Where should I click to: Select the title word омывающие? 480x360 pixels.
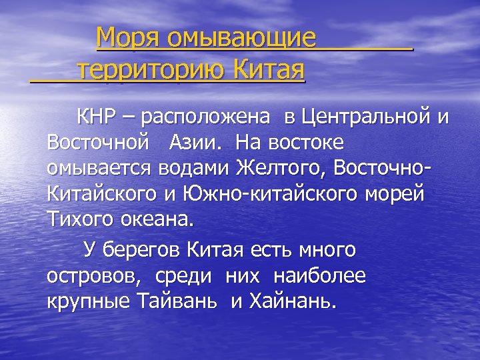pos(242,39)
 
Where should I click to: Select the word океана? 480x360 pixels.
pos(154,219)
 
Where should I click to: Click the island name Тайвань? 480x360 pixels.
pos(177,301)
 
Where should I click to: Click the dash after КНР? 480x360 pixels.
pos(127,119)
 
